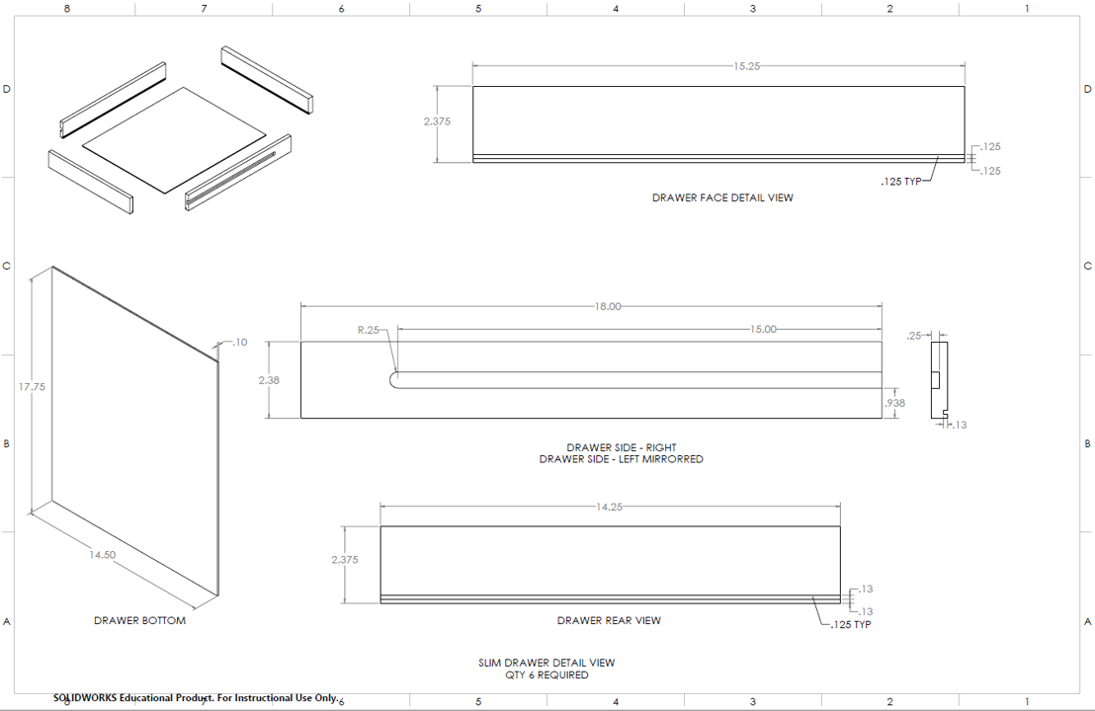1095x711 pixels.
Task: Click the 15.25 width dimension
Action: pos(746,66)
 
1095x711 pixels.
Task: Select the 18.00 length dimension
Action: pos(608,306)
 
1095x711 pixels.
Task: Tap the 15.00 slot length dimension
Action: pos(763,330)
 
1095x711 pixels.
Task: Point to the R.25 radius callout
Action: pos(368,330)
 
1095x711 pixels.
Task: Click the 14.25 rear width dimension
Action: pos(609,508)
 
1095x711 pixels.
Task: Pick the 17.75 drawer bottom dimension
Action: pos(33,386)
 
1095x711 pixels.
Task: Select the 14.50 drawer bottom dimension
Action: pos(102,555)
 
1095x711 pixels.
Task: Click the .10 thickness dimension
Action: pos(239,342)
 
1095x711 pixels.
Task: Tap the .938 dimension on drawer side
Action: pos(894,403)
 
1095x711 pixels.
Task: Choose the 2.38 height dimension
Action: pos(269,380)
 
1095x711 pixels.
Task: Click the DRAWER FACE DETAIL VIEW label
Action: pos(722,197)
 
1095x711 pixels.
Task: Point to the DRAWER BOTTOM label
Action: pos(139,620)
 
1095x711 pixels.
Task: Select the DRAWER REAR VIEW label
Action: pos(609,620)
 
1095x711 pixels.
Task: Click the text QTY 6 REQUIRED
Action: pos(547,674)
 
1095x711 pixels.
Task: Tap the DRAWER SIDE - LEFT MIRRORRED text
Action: pos(622,459)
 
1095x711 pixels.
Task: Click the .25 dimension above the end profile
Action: pos(913,336)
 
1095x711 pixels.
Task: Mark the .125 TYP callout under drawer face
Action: pos(901,182)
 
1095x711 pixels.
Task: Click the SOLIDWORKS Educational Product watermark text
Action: pos(196,698)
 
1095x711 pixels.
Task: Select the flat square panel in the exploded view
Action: pos(175,139)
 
